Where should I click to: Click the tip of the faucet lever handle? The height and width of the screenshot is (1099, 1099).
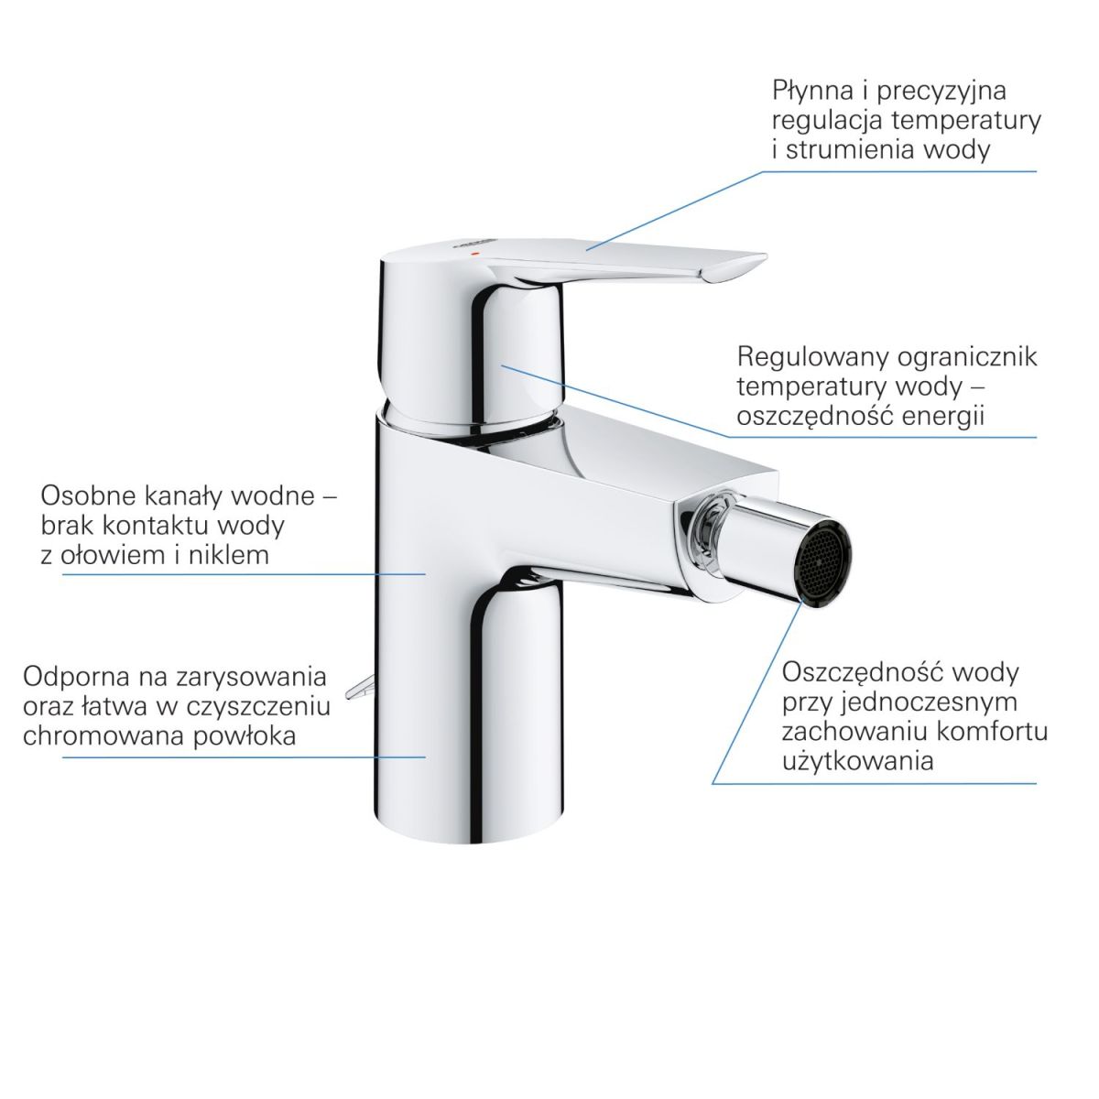[766, 257]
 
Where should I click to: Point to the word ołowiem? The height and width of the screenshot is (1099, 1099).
[114, 556]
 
